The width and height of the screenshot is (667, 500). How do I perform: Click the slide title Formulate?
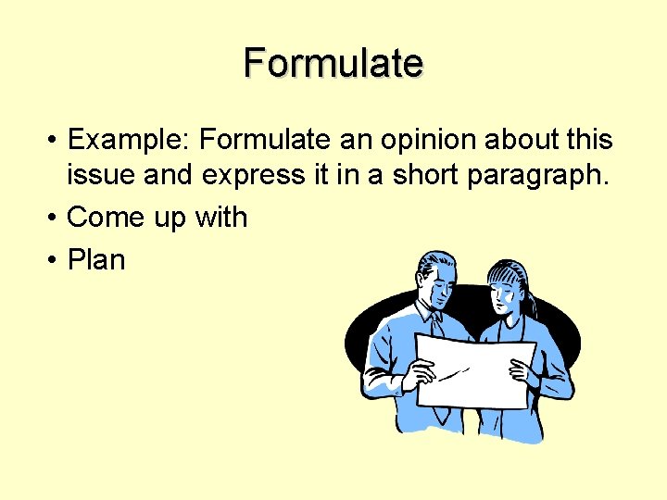(333, 64)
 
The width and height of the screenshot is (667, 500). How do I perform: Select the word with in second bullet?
(220, 218)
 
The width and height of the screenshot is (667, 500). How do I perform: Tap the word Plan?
(96, 259)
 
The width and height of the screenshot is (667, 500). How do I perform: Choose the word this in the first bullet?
(592, 140)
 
